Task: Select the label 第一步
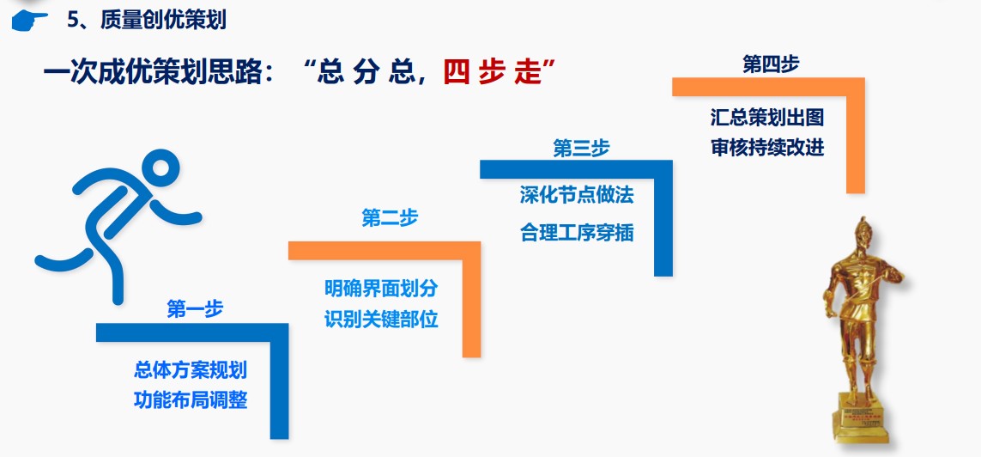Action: tap(195, 308)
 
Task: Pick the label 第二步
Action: tap(390, 218)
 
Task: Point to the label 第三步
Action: tap(581, 149)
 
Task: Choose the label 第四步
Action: tap(771, 64)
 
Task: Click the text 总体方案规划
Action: tap(191, 369)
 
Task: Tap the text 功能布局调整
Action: tap(191, 399)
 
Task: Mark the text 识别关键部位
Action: tap(381, 320)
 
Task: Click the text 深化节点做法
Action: tap(577, 195)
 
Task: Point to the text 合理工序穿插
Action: tap(577, 234)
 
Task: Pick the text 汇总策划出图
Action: tap(767, 117)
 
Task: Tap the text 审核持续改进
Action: tap(767, 148)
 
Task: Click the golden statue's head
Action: tap(864, 235)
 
